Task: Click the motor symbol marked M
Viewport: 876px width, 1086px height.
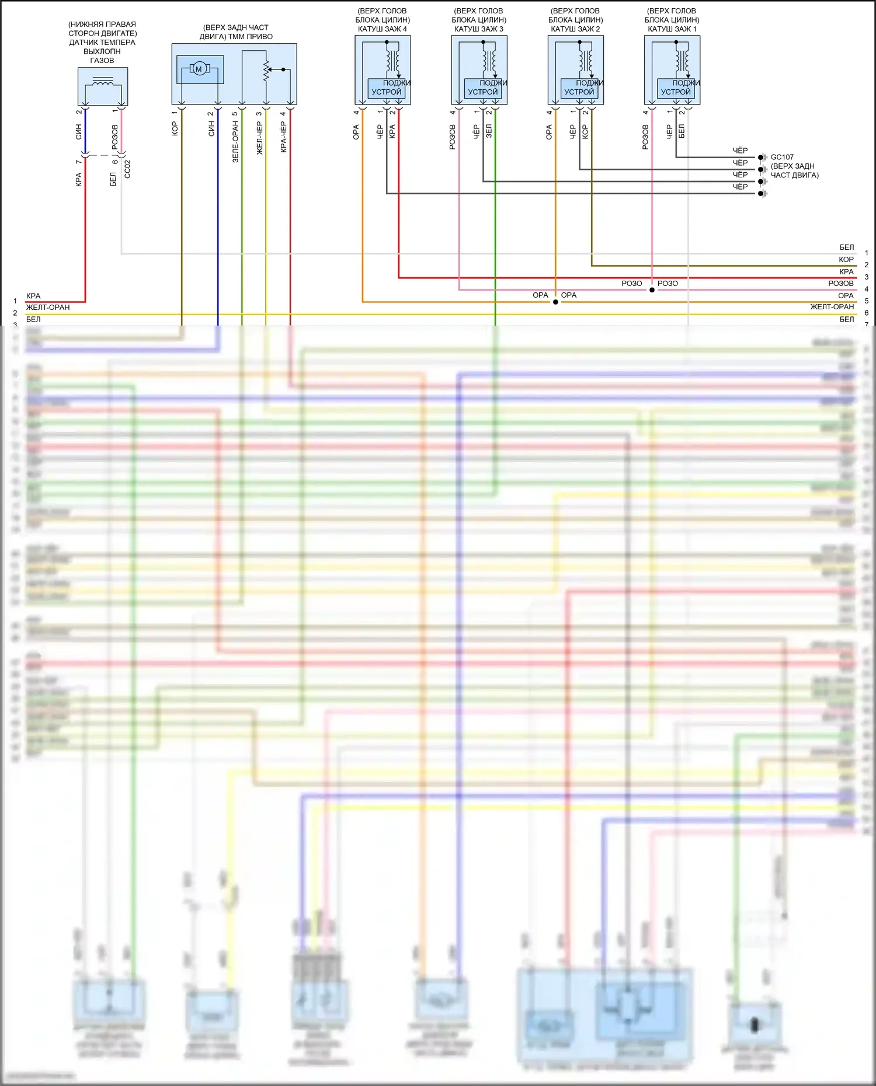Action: click(199, 69)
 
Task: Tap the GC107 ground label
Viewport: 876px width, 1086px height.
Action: click(782, 157)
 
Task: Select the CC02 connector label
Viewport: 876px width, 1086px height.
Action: click(127, 169)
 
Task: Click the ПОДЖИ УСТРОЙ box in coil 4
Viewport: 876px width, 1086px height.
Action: click(387, 88)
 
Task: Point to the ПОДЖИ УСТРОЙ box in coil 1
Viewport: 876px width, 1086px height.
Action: click(676, 88)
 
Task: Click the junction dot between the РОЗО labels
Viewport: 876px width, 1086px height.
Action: click(652, 289)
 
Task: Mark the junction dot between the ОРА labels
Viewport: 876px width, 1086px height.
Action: click(555, 302)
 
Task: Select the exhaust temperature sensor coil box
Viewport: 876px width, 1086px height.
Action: click(103, 86)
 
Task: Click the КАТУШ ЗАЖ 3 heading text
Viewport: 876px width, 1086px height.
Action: click(479, 29)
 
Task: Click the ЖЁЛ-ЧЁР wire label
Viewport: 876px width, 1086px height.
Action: click(259, 138)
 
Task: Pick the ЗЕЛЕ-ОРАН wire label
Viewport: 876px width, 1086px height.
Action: click(235, 141)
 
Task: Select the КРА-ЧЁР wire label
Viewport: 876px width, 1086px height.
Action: click(284, 137)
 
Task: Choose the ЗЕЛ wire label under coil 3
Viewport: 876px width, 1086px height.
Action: click(489, 131)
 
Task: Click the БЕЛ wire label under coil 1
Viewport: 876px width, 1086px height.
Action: click(682, 131)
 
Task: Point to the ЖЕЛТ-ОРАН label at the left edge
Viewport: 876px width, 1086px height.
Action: click(48, 308)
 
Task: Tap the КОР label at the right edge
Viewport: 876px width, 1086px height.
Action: click(846, 260)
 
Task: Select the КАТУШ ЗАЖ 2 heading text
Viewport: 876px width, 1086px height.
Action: click(575, 29)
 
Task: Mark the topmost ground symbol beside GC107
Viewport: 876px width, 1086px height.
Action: click(762, 158)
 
